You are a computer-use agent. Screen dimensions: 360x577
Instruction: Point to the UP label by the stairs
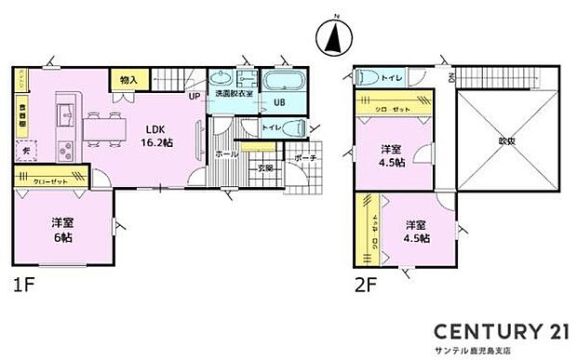[195, 95]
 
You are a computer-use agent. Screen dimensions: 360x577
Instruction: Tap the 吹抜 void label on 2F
[506, 141]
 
